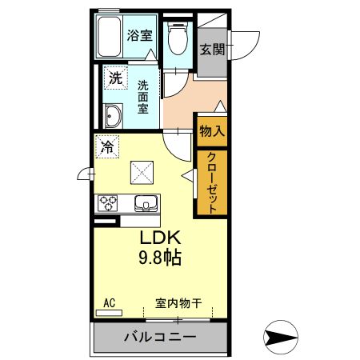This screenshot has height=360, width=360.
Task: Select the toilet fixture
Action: pyautogui.click(x=177, y=39)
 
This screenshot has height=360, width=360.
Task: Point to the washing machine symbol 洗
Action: pyautogui.click(x=116, y=78)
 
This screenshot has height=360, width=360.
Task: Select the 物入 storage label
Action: pyautogui.click(x=212, y=130)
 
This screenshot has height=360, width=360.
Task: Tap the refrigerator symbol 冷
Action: pyautogui.click(x=106, y=146)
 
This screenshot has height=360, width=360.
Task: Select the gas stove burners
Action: pyautogui.click(x=107, y=202)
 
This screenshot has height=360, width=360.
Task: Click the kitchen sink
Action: pyautogui.click(x=146, y=202)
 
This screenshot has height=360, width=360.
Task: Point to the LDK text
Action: pyautogui.click(x=163, y=239)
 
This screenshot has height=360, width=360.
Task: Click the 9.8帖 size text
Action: pyautogui.click(x=163, y=259)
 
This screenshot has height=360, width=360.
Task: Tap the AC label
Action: pyautogui.click(x=110, y=303)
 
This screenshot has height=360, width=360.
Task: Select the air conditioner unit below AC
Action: pyautogui.click(x=110, y=314)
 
